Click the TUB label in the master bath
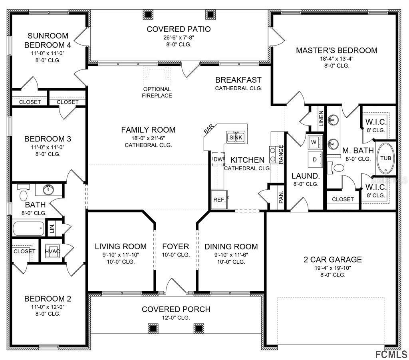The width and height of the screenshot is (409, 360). coord(385,158)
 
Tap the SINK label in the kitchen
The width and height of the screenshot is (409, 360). coord(236,137)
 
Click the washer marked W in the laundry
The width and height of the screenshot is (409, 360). coord(314,142)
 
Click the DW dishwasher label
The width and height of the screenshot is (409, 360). coord(218,159)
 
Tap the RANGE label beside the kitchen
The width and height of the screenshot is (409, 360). coord(281,154)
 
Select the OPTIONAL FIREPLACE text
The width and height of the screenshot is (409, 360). coord(157,92)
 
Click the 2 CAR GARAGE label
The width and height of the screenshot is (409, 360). coord(332,259)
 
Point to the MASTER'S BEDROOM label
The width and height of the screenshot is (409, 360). coord(336,50)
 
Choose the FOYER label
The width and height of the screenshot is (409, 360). coord(175,247)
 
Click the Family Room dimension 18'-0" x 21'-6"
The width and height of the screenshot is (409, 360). coord(148,138)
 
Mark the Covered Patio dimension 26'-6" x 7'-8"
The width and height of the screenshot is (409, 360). coord(179,37)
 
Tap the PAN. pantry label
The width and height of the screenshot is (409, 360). coord(281,196)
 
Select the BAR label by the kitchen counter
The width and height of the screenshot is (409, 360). coord(208,129)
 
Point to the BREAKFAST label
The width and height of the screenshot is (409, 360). coord(238,80)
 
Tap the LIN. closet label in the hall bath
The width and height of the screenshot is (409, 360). coord(52,229)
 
